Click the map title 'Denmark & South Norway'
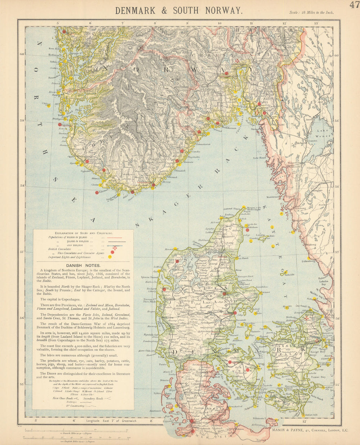[179, 10]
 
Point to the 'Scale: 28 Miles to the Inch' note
[311, 12]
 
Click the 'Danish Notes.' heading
[83, 265]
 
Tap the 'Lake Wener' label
[323, 133]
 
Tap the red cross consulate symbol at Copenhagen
[307, 318]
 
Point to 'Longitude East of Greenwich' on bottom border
[112, 421]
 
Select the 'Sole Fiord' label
[260, 157]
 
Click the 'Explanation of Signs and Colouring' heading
[83, 233]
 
